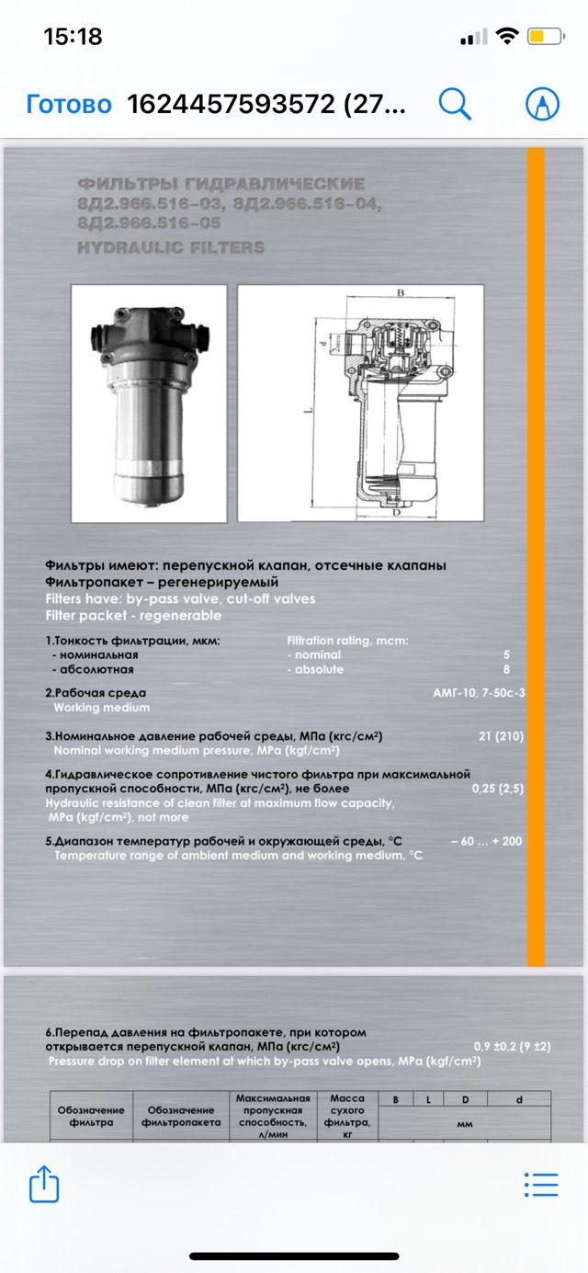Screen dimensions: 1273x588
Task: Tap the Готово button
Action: coord(69,104)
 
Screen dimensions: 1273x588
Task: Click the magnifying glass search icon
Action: coord(455,104)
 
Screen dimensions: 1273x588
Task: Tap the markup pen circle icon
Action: coord(542,104)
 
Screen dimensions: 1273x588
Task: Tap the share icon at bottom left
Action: coord(44,1184)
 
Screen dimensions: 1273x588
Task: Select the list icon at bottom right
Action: coord(540,1184)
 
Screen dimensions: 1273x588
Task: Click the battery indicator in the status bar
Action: coord(546,38)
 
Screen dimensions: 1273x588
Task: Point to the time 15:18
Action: coord(73,38)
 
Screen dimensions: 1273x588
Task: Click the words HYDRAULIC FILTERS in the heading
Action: coord(171,247)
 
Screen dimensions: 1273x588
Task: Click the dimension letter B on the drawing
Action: coord(401,292)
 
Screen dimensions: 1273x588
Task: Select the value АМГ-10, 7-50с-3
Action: coord(479,693)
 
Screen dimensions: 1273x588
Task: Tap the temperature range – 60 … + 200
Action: coord(487,841)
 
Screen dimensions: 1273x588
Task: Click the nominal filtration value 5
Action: coord(506,654)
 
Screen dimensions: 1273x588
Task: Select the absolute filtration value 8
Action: coord(506,669)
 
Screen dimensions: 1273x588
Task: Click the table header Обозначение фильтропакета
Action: coord(181,1116)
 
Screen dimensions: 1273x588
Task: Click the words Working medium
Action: coord(101,708)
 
